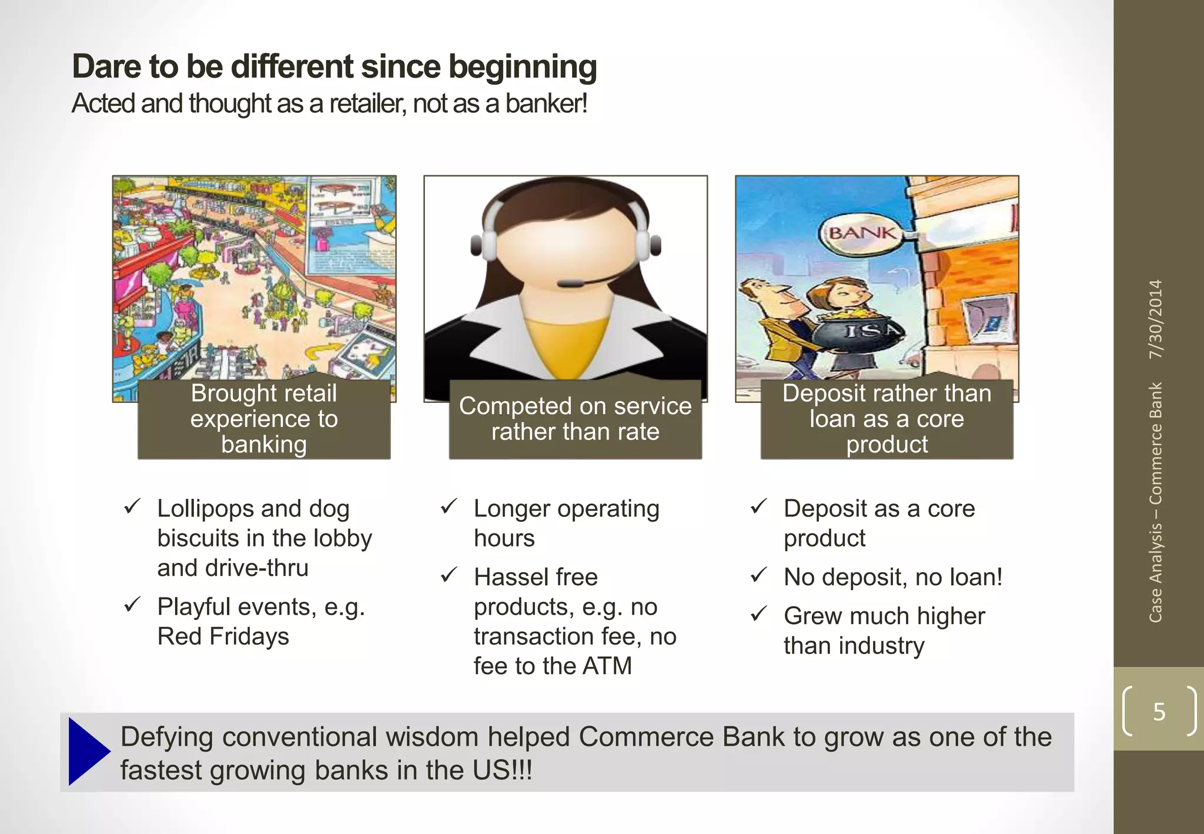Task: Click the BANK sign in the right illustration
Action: pos(862,233)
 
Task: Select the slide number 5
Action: pos(1159,712)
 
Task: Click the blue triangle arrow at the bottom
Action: pos(87,751)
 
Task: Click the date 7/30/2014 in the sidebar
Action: pos(1155,319)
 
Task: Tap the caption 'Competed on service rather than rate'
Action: pos(575,419)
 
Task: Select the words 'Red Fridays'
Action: pos(223,636)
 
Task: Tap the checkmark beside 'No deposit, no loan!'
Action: pos(758,575)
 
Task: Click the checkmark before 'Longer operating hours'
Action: pos(449,506)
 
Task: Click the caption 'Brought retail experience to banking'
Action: pos(263,419)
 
